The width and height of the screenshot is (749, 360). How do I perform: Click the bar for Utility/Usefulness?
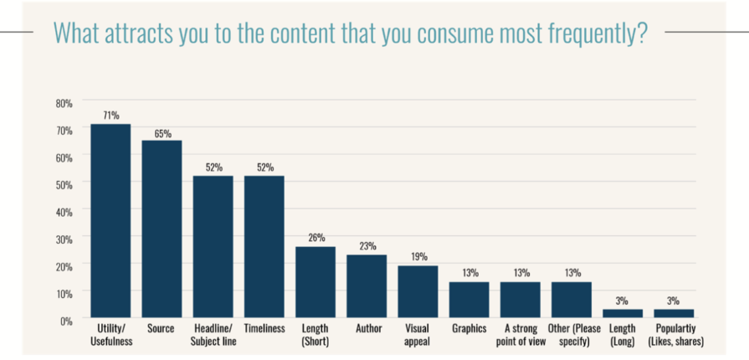(x=110, y=221)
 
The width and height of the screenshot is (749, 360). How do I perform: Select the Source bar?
(x=162, y=229)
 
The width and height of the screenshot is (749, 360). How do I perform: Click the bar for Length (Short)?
(x=316, y=282)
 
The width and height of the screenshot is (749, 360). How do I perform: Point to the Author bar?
(x=367, y=286)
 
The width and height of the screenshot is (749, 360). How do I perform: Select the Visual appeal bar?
(x=418, y=292)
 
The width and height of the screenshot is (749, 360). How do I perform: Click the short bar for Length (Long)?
(x=623, y=314)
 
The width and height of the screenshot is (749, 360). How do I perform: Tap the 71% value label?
(x=110, y=115)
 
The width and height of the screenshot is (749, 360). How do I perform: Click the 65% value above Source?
(x=162, y=132)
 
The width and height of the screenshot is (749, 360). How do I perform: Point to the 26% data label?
(x=316, y=238)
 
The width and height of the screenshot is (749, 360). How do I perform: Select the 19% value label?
(x=418, y=257)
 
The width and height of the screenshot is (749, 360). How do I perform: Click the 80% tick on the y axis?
(x=64, y=103)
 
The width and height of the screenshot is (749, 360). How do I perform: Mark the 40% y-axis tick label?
(x=64, y=212)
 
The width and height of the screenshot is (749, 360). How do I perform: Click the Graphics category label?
(x=469, y=329)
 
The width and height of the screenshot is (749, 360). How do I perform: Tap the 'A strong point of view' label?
(x=520, y=335)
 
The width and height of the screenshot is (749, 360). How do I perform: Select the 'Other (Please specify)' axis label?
(x=572, y=335)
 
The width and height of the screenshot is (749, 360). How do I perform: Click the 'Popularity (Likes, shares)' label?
(x=675, y=335)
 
